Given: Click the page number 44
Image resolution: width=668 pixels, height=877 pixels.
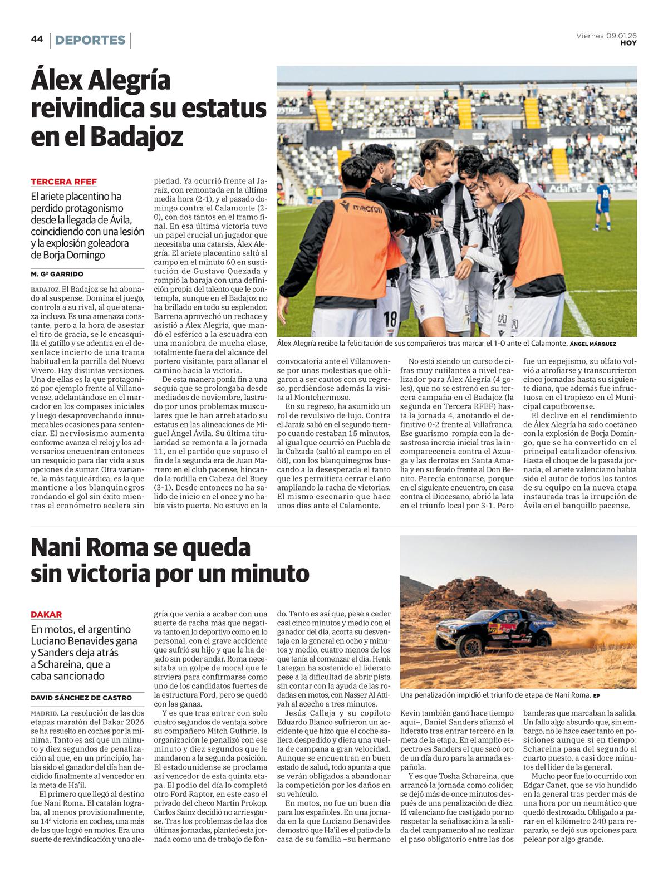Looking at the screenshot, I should [37, 39].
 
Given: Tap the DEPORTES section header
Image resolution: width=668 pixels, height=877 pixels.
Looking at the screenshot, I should [90, 40].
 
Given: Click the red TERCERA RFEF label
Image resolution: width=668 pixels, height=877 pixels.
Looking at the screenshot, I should [63, 182].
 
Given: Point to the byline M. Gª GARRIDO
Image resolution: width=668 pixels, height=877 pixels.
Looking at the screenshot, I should [57, 274].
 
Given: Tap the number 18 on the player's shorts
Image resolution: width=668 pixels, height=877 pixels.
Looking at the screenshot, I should [391, 318].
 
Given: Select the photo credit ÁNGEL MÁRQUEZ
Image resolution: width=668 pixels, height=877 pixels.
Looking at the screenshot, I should [593, 344].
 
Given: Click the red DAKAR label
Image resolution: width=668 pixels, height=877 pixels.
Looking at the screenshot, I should [46, 614].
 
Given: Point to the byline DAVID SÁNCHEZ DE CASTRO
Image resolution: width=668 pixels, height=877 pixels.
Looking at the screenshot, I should [81, 698].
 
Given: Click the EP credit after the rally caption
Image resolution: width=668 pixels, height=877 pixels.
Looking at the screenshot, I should [596, 695].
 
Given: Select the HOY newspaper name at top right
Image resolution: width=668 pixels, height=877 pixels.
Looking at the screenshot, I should [628, 43].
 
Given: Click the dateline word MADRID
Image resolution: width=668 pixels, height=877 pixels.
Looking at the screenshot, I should [44, 713].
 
